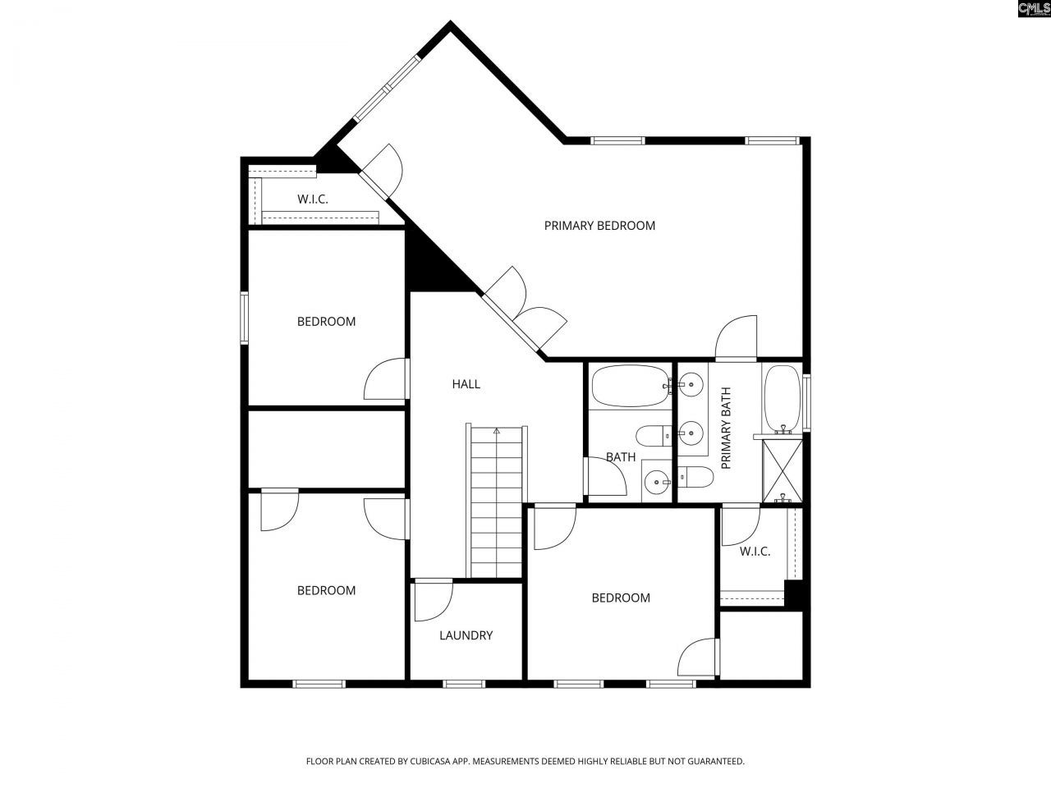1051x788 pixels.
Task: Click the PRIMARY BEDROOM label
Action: [x=599, y=226]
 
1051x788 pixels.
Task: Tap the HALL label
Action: [x=466, y=383]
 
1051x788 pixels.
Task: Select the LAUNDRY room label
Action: [x=466, y=635]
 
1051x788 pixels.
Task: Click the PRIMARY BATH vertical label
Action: [x=726, y=439]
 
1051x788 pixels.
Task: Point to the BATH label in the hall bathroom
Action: [x=620, y=457]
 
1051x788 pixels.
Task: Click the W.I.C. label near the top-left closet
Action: [x=312, y=199]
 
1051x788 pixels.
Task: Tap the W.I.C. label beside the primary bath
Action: [x=755, y=551]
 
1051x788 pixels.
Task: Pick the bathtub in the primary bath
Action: [x=781, y=397]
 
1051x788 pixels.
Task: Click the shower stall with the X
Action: [x=783, y=470]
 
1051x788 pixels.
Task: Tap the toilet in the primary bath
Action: [x=695, y=476]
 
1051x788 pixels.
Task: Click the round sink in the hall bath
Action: [x=656, y=482]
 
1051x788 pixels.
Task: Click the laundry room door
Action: [x=433, y=601]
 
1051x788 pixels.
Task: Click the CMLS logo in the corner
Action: [x=1033, y=9]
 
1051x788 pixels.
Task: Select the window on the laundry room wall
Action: [x=465, y=683]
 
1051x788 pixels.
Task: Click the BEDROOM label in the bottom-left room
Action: [x=326, y=590]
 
